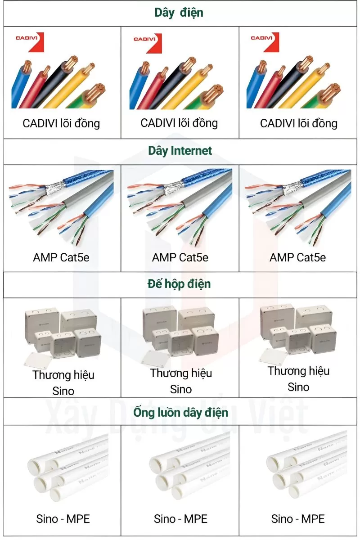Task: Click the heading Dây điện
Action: click(179, 13)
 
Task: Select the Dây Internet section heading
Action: click(180, 151)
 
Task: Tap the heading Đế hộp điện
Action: click(179, 284)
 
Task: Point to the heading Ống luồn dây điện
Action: click(180, 412)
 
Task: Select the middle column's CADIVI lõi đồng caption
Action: click(179, 123)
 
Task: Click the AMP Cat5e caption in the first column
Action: click(62, 257)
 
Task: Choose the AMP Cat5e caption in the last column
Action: click(297, 257)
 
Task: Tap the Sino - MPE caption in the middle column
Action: click(180, 519)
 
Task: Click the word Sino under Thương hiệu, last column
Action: click(298, 387)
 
